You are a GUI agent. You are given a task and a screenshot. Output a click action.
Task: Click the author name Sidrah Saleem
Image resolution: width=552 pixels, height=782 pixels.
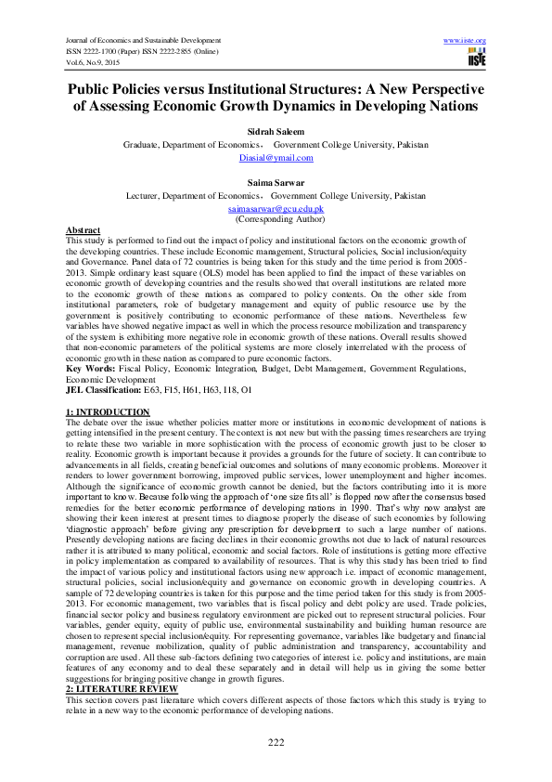click(276, 133)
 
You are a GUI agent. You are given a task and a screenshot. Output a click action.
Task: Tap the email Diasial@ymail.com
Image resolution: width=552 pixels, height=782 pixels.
click(276, 158)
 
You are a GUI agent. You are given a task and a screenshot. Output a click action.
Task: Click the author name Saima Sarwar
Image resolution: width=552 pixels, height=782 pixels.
click(276, 184)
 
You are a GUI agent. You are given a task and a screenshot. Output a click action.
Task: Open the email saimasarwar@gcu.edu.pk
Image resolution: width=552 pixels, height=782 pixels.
click(276, 210)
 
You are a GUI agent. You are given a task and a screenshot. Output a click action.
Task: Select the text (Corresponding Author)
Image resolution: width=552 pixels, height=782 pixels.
click(276, 220)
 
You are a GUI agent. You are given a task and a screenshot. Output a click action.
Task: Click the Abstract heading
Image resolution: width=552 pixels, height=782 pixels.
click(83, 229)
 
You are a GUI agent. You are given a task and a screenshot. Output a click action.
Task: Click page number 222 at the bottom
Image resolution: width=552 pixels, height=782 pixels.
click(276, 739)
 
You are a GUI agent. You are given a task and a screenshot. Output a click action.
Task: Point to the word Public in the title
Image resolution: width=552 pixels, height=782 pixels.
click(92, 89)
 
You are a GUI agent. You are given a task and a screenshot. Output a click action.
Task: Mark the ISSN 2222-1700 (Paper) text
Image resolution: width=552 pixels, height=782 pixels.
click(105, 52)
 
